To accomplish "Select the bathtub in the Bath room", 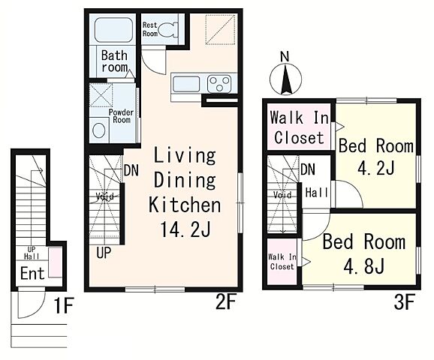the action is point(113,30).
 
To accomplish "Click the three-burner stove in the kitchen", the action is point(219,83).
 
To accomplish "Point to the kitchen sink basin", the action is point(186,84).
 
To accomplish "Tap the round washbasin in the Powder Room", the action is point(99,130).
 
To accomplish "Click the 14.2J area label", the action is point(185,229).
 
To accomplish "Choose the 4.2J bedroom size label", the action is point(376,167).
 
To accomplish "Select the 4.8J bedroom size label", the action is point(363,265).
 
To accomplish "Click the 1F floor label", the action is point(64,305).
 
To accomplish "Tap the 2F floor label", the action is point(225,301).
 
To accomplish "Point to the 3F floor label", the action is point(404,302).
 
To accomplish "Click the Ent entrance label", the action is point(32,274).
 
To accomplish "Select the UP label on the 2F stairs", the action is point(104,253).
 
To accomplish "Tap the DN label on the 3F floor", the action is point(308,169).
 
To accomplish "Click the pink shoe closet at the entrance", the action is point(56,262).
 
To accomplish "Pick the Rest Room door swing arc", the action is point(154,66).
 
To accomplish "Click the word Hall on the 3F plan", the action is point(317,193).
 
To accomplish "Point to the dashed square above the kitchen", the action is point(220,29).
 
